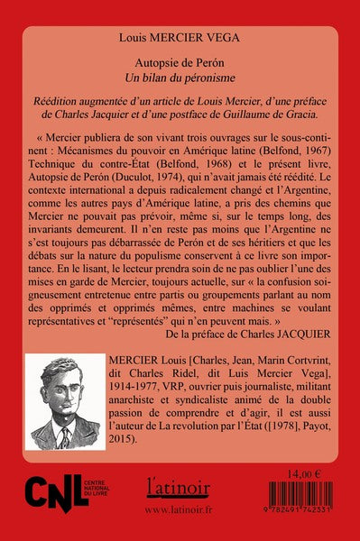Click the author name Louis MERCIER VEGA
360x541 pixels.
point(180,40)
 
